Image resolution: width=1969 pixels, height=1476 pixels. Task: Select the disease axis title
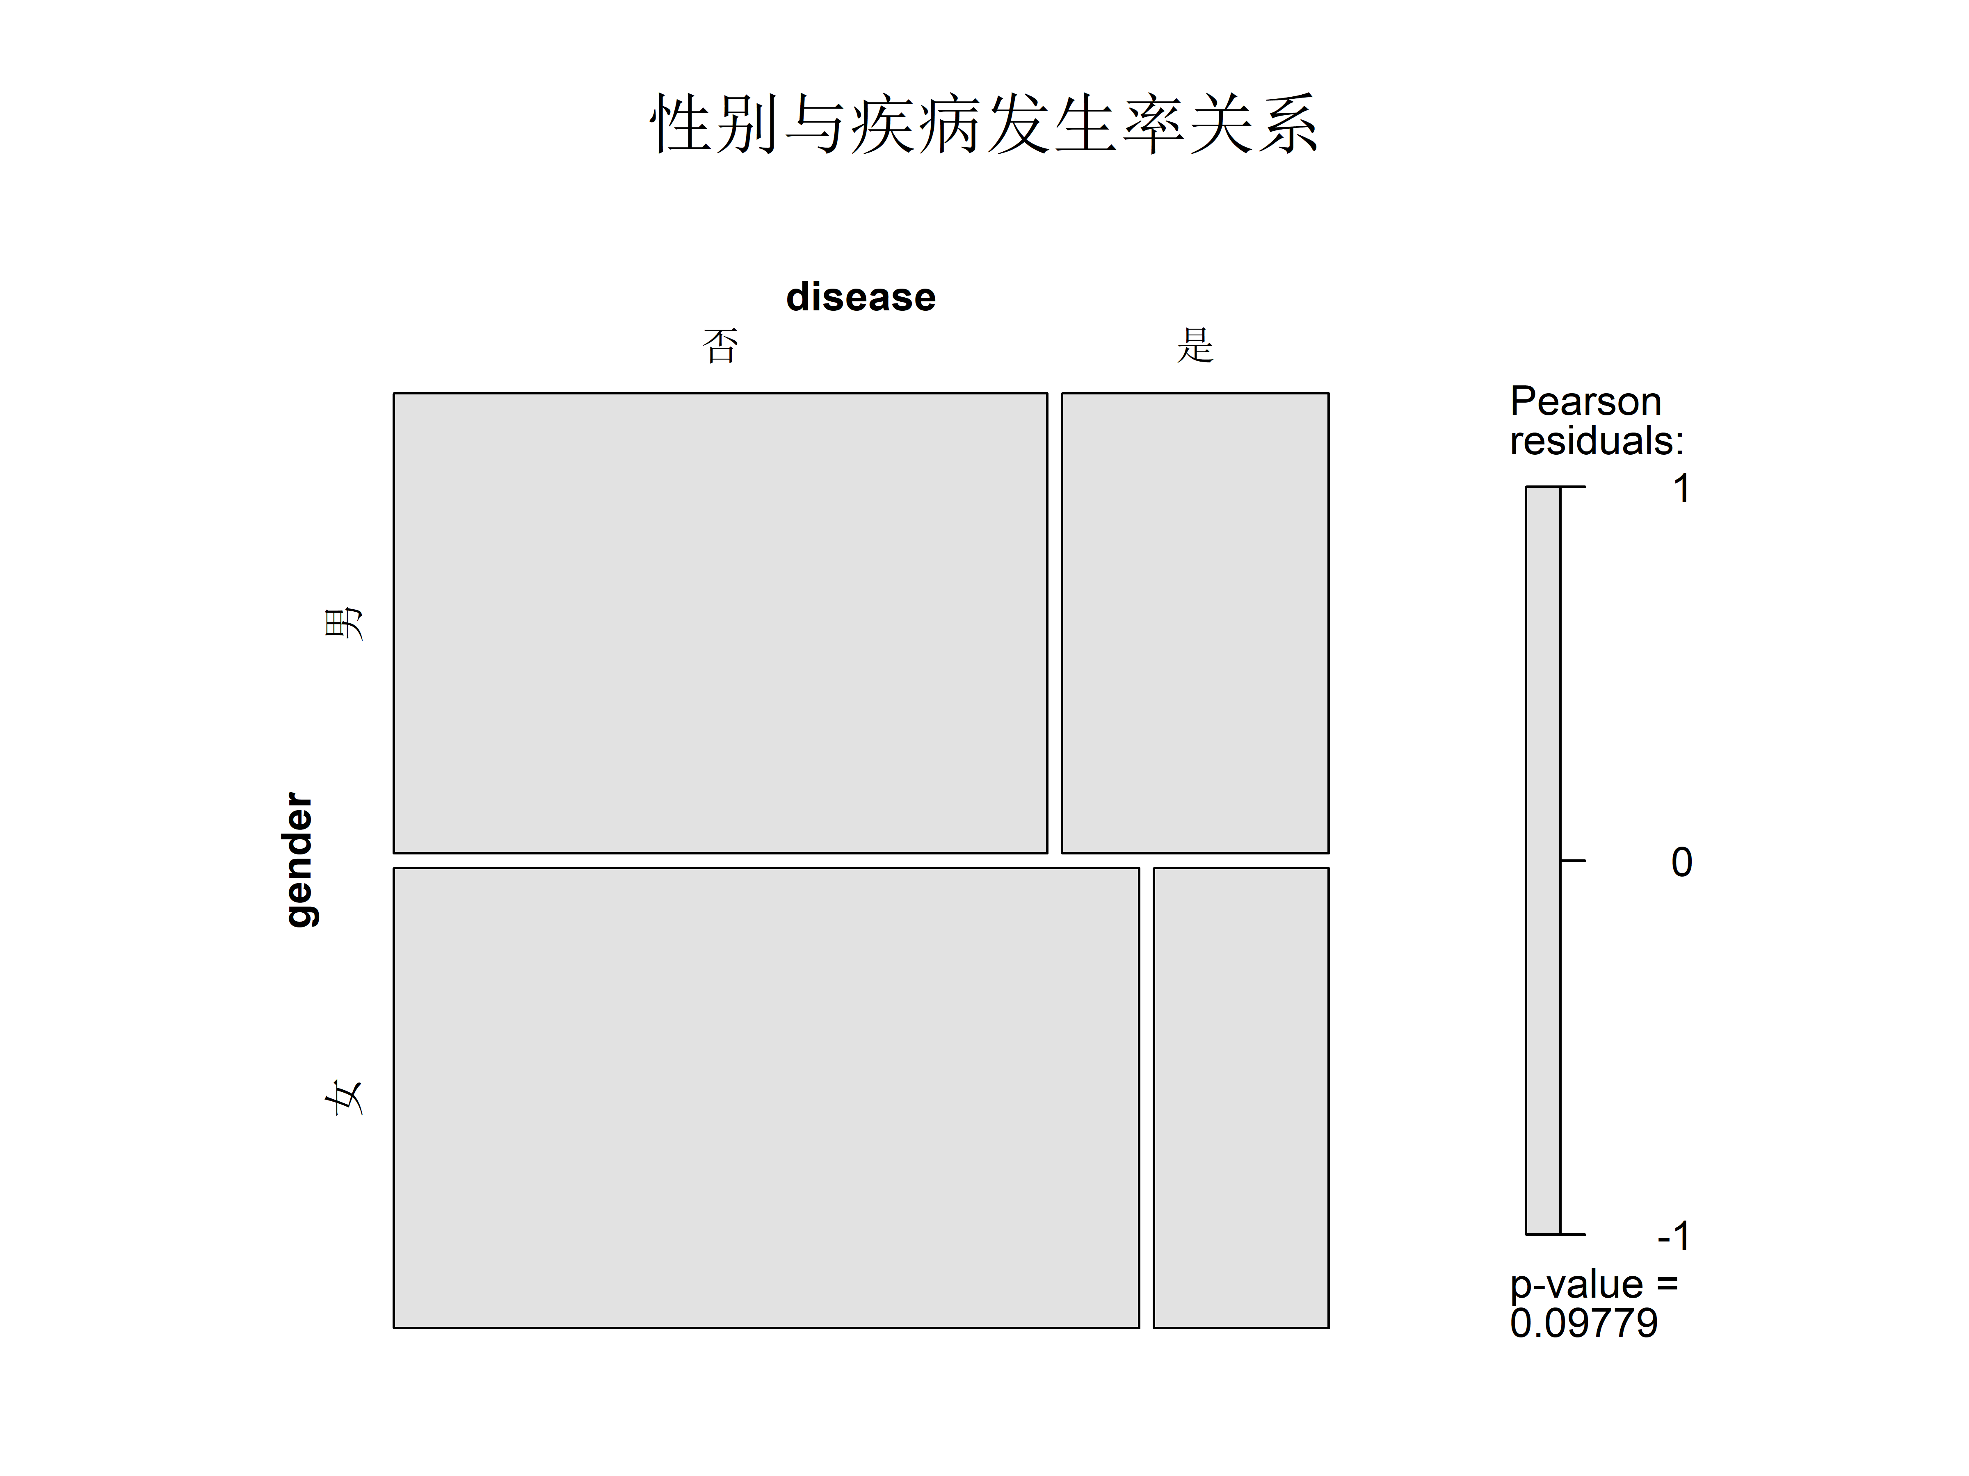(861, 297)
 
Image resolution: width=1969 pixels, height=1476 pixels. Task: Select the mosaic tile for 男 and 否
(720, 623)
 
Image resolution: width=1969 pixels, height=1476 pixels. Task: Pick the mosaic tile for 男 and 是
(1195, 623)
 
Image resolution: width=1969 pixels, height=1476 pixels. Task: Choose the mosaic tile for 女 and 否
(766, 1098)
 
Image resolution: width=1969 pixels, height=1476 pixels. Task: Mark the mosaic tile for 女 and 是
(1241, 1098)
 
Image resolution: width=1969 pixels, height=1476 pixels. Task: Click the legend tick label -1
(1674, 1236)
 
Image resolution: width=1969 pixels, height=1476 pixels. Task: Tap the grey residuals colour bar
(1543, 860)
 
